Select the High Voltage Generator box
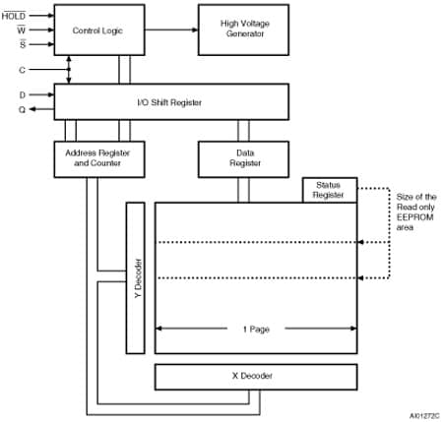[x=244, y=30]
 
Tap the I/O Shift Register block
[x=170, y=101]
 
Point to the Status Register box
[x=327, y=190]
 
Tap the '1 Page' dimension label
[x=253, y=329]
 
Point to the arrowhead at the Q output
[x=32, y=109]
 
